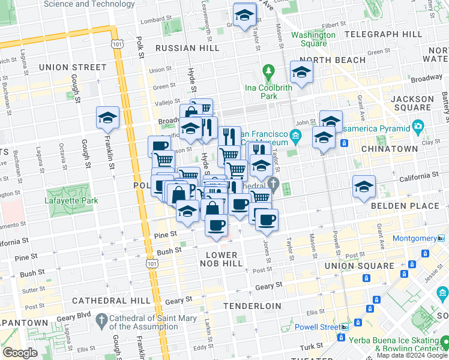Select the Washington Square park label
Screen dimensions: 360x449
point(313,39)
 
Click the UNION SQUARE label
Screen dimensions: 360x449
point(354,266)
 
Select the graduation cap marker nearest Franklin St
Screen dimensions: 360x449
point(107,118)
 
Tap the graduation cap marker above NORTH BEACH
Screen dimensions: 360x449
point(300,73)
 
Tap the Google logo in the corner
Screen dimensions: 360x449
point(20,353)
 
